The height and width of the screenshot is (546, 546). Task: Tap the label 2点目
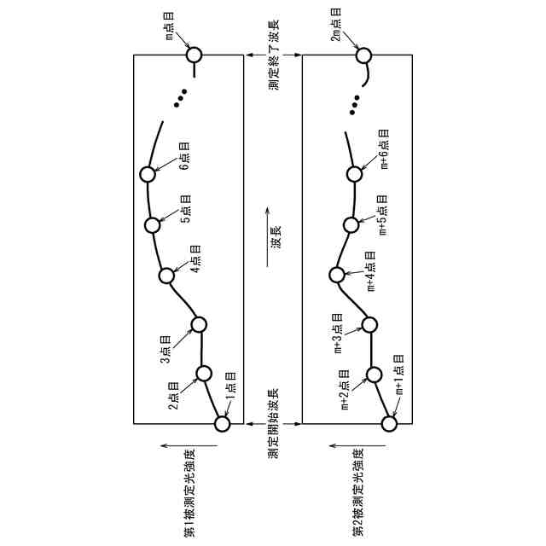pos(174,395)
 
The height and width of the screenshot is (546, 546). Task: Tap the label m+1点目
pos(398,376)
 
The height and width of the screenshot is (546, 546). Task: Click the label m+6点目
pos(385,148)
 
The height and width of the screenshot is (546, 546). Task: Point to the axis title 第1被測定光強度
pos(189,492)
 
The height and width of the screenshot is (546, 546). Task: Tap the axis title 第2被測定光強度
pos(358,492)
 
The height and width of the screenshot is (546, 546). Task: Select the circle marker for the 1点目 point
pos(223,422)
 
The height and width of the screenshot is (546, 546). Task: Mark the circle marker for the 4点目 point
pos(167,276)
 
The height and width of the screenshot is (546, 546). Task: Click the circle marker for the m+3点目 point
pos(369,324)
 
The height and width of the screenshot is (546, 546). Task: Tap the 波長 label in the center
pos(276,236)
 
